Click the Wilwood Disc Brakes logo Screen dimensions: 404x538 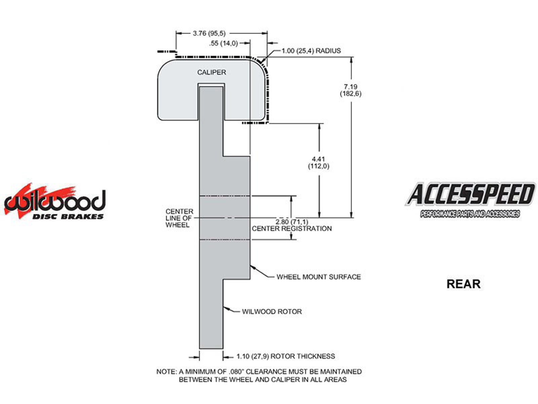[x=55, y=202]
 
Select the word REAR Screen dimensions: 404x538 [x=463, y=284]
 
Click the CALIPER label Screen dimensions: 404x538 [x=212, y=72]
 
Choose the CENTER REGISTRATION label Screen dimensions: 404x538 [x=292, y=229]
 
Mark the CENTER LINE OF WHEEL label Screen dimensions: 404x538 [x=179, y=218]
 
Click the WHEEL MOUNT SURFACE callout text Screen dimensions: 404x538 [x=318, y=277]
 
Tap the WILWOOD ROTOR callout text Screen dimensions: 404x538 [x=272, y=311]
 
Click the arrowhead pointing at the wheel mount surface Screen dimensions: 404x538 [x=253, y=266]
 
